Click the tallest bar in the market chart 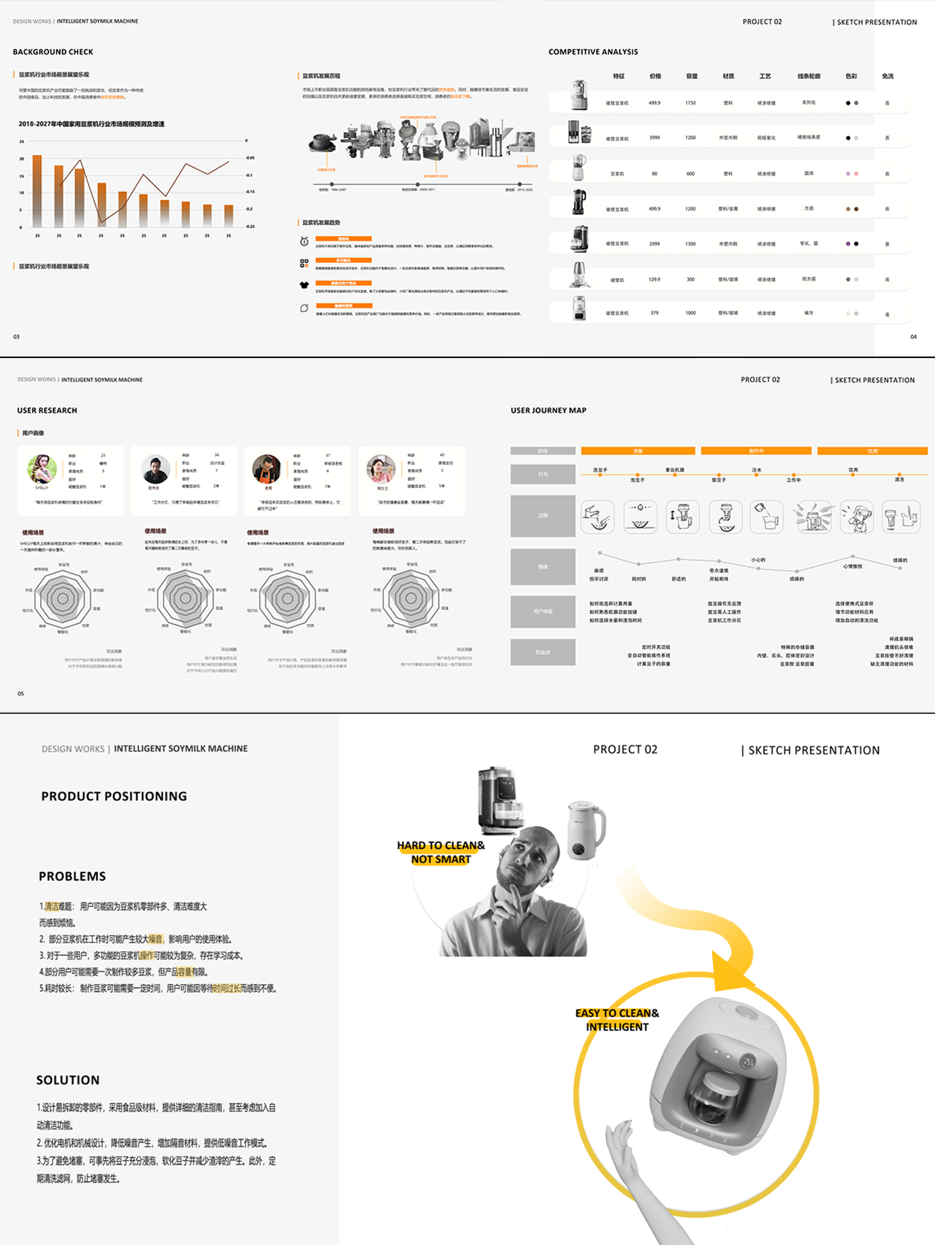tap(37, 190)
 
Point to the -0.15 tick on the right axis tap(251, 191)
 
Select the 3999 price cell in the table tap(654, 137)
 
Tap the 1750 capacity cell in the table tap(690, 103)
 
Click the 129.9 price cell tap(654, 279)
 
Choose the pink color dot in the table tap(848, 174)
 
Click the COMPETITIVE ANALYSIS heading tap(593, 52)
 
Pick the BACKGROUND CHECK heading tap(53, 52)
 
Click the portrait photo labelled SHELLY tap(42, 468)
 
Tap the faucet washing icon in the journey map tap(598, 516)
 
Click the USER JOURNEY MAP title tap(549, 411)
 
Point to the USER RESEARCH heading tap(47, 411)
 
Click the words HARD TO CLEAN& tap(440, 845)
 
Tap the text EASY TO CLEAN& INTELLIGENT tap(617, 1019)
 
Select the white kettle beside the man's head tap(586, 831)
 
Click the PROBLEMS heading tap(72, 876)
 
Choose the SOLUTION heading tap(68, 1080)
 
